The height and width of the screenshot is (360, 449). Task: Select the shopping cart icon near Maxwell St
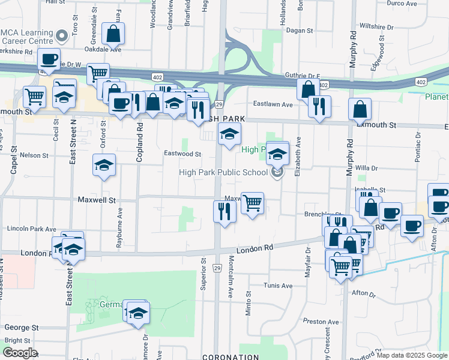(253, 203)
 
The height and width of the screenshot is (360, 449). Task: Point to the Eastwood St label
(183, 154)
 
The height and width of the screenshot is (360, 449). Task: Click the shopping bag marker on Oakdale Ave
(113, 34)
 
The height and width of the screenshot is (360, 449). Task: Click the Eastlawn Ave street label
(273, 104)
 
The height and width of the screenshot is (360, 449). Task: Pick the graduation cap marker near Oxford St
(104, 165)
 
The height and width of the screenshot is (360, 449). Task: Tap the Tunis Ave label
(279, 286)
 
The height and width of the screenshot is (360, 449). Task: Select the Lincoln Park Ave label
(31, 229)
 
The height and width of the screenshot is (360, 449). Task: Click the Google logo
(19, 353)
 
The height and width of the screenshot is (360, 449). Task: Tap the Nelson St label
(34, 155)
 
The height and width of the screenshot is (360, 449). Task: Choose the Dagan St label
(300, 30)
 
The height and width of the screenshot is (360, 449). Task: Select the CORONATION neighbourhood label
(230, 356)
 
